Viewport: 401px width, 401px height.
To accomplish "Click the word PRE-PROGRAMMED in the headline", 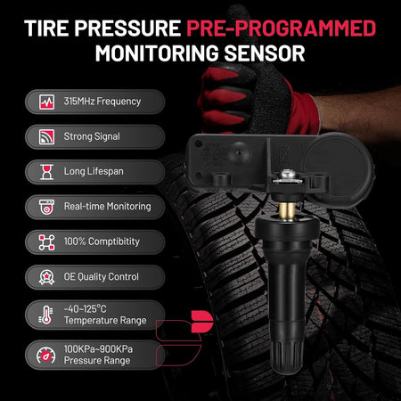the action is pos(282,29).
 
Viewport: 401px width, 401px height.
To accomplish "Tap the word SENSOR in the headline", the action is pos(265,53).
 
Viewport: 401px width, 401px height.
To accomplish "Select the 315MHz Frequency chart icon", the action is pos(46,102).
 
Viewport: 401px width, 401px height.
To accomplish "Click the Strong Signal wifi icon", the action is pos(46,136).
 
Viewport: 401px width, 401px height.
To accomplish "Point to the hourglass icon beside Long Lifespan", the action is pos(46,172).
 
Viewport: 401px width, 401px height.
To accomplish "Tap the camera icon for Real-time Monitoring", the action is pos(46,207).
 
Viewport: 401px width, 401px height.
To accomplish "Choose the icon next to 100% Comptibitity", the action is pos(46,241).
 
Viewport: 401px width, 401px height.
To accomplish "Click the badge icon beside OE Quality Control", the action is pos(46,277).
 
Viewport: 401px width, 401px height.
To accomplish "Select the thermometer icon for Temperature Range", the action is pos(45,315).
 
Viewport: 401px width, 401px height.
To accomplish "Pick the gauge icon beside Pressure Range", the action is pos(46,356).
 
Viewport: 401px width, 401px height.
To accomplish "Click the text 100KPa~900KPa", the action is pos(98,349).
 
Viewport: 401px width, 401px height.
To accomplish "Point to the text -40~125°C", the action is pos(85,309).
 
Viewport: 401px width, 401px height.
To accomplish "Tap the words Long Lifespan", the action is pos(94,171).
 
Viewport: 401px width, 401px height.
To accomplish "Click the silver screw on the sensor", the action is pos(287,176).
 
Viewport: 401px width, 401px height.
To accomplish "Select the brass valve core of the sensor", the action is pos(287,210).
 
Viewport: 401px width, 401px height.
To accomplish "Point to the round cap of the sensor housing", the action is pos(337,167).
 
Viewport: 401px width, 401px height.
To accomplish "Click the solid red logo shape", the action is pos(202,322).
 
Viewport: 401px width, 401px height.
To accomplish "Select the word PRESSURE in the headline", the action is pos(127,29).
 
